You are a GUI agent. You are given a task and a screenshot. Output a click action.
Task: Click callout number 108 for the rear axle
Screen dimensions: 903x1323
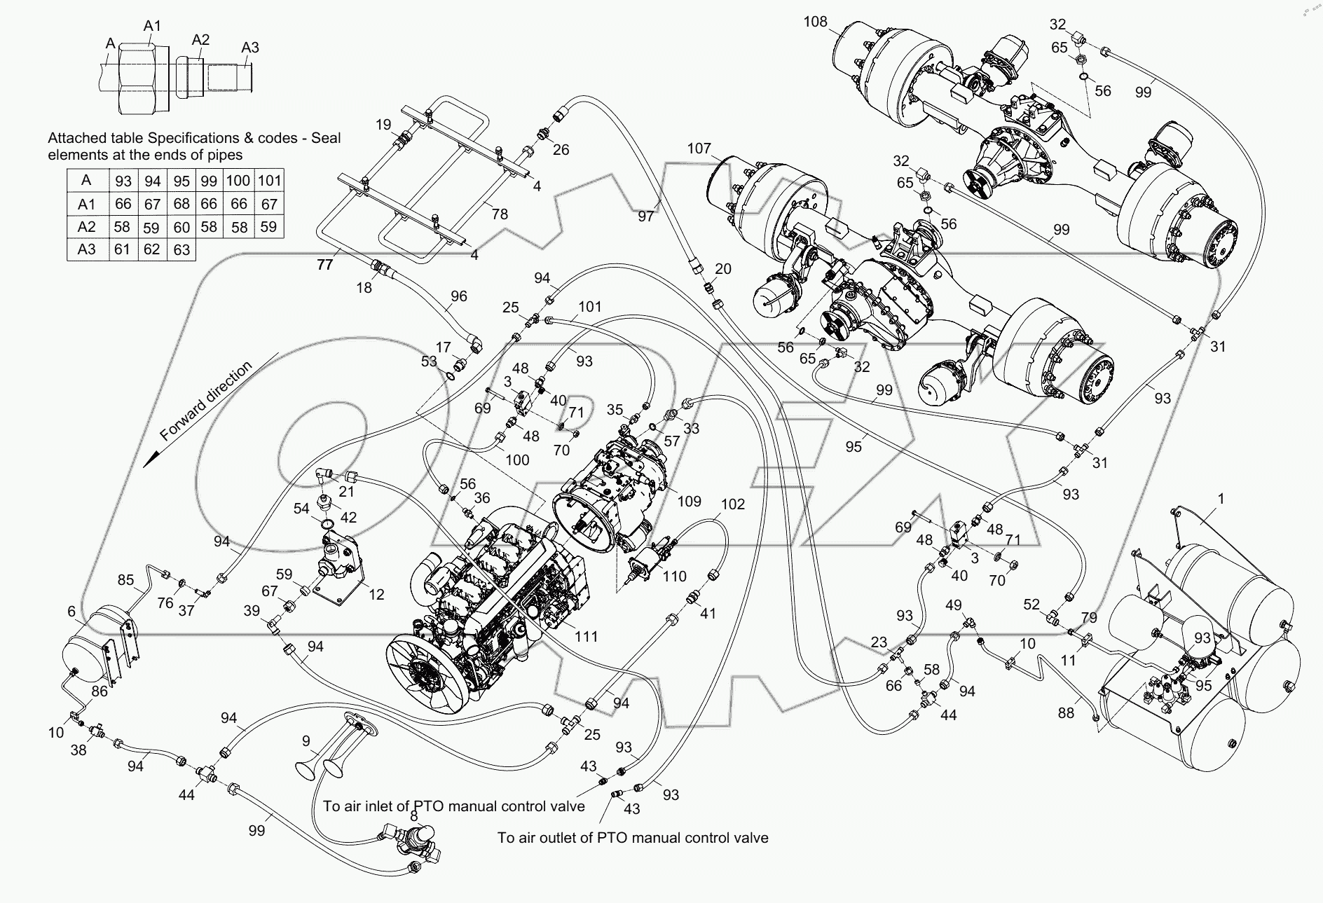815,22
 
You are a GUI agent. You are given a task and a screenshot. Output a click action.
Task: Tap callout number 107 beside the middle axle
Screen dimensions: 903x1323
699,149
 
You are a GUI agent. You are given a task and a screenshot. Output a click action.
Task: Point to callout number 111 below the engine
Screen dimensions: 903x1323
586,636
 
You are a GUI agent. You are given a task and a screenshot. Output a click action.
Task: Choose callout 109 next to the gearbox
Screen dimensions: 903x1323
689,501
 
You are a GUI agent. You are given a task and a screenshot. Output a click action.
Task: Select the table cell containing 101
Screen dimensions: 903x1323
269,181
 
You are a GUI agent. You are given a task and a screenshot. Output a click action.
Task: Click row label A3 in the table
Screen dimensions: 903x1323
87,249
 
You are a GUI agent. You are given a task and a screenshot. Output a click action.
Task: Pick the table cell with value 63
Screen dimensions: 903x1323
181,249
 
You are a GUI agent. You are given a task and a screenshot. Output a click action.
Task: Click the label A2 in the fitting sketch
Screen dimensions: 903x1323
200,39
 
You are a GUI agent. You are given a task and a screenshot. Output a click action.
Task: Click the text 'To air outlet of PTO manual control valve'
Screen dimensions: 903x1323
632,838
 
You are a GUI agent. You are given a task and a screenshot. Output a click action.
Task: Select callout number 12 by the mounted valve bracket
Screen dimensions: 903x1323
376,594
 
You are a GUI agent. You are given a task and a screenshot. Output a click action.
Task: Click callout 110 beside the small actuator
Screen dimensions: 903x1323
674,576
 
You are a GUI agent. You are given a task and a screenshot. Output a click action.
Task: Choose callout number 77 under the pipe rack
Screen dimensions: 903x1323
324,264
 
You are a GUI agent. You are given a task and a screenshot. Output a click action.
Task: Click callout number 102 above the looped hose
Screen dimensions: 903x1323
732,504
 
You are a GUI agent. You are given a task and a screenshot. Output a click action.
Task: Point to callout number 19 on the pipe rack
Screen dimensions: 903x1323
383,125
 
